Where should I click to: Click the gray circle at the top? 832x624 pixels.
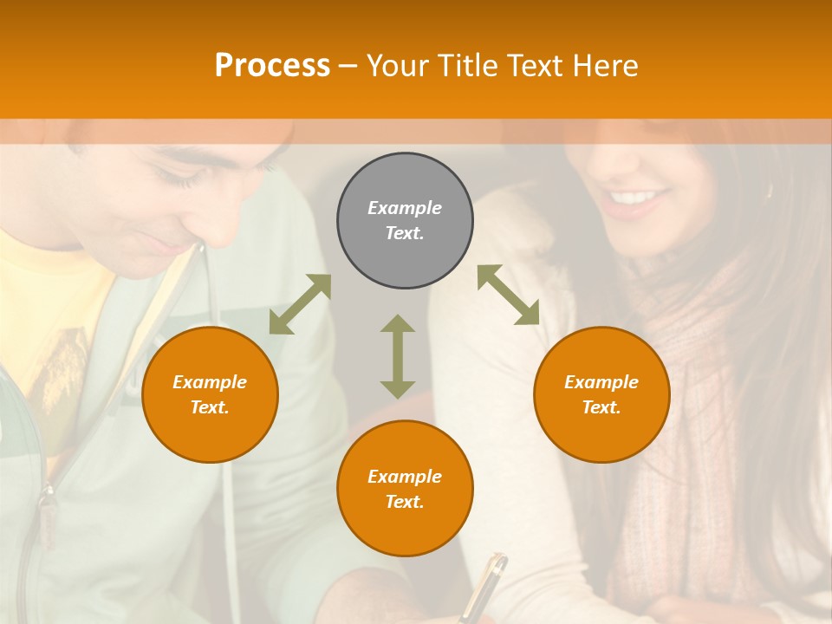pyautogui.click(x=405, y=220)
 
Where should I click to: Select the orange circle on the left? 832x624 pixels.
pyautogui.click(x=210, y=394)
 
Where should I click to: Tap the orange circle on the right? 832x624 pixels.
pyautogui.click(x=601, y=394)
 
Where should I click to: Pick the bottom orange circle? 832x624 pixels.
pyautogui.click(x=405, y=489)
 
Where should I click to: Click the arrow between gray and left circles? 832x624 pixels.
pyautogui.click(x=300, y=304)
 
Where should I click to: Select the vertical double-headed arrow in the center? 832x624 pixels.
pyautogui.click(x=398, y=356)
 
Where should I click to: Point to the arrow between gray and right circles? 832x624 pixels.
pyautogui.click(x=508, y=295)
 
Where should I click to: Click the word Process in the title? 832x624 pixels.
pyautogui.click(x=272, y=65)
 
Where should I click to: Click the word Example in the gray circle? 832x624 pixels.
pyautogui.click(x=405, y=208)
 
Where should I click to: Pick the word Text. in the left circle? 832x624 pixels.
pyautogui.click(x=210, y=407)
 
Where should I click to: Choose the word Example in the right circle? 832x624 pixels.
pyautogui.click(x=601, y=382)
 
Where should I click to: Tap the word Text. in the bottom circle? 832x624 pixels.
pyautogui.click(x=405, y=502)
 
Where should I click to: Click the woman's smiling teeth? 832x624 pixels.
pyautogui.click(x=635, y=198)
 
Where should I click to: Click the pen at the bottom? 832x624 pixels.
pyautogui.click(x=484, y=586)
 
